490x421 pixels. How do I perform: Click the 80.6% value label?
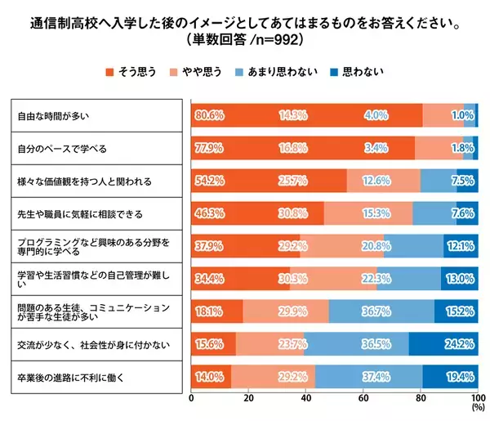click(209, 115)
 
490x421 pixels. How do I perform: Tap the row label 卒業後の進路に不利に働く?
click(73, 378)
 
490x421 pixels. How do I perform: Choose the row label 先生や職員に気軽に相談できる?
click(79, 214)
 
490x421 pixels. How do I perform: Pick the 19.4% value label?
click(460, 378)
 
